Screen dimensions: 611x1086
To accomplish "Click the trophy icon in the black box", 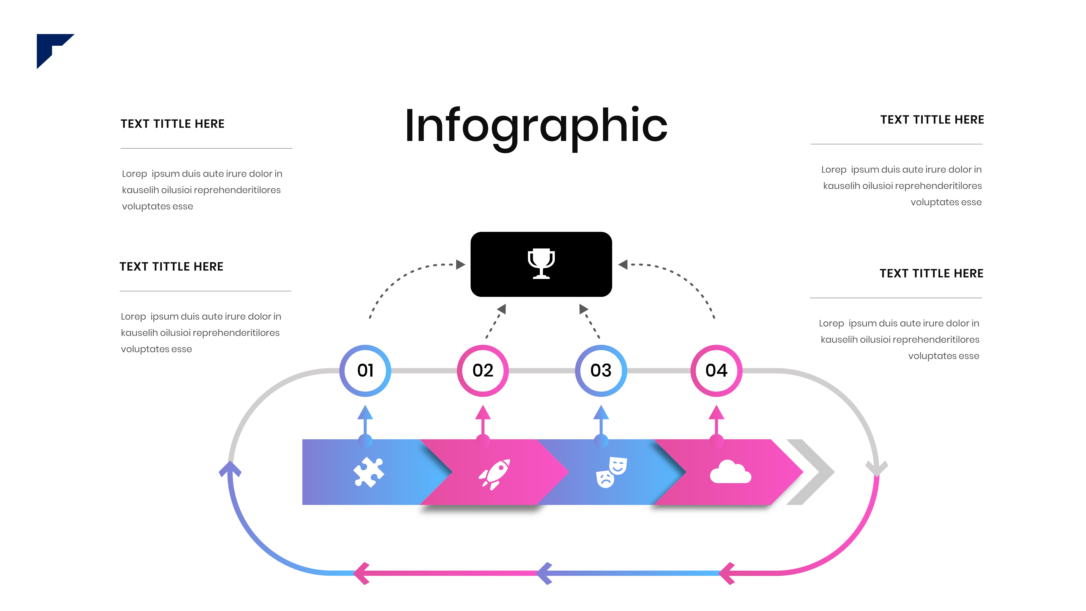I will click(541, 263).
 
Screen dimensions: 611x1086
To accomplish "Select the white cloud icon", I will click(730, 472).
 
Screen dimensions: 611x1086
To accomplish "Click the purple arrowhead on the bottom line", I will click(545, 573).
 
